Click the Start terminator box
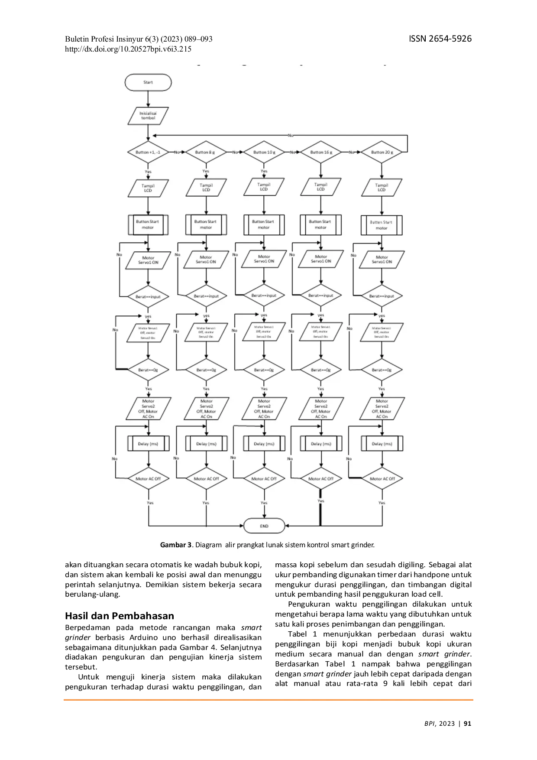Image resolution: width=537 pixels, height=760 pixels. pos(148,82)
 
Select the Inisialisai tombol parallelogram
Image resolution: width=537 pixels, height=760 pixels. pos(148,116)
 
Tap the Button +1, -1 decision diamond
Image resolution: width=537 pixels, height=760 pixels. pos(148,153)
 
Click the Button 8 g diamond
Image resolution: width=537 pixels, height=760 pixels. pos(205,153)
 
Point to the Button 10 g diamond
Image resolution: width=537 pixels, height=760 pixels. pos(264,153)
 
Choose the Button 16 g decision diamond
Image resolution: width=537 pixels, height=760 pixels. pos(321,153)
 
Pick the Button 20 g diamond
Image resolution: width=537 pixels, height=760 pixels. pos(381,153)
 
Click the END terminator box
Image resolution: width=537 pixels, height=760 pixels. pos(264,526)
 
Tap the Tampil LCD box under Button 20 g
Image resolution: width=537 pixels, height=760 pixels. pos(382,188)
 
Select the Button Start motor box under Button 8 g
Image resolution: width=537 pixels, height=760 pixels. pos(206,224)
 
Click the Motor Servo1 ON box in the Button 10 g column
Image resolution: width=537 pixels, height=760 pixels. pos(264,259)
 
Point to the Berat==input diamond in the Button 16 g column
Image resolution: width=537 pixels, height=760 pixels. pos(321,296)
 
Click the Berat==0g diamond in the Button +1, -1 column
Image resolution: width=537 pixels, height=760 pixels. pos(148,370)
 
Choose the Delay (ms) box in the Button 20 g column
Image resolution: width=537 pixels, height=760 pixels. pos(382,444)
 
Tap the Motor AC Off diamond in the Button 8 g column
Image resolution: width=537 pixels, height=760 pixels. pos(206,479)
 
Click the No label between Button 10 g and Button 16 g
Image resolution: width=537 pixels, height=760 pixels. pos(292,153)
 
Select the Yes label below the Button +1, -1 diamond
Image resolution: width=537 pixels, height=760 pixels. pos(148,172)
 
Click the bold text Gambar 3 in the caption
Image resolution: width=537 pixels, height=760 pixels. pos(176,545)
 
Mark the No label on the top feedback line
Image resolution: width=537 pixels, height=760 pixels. pos(290,135)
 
